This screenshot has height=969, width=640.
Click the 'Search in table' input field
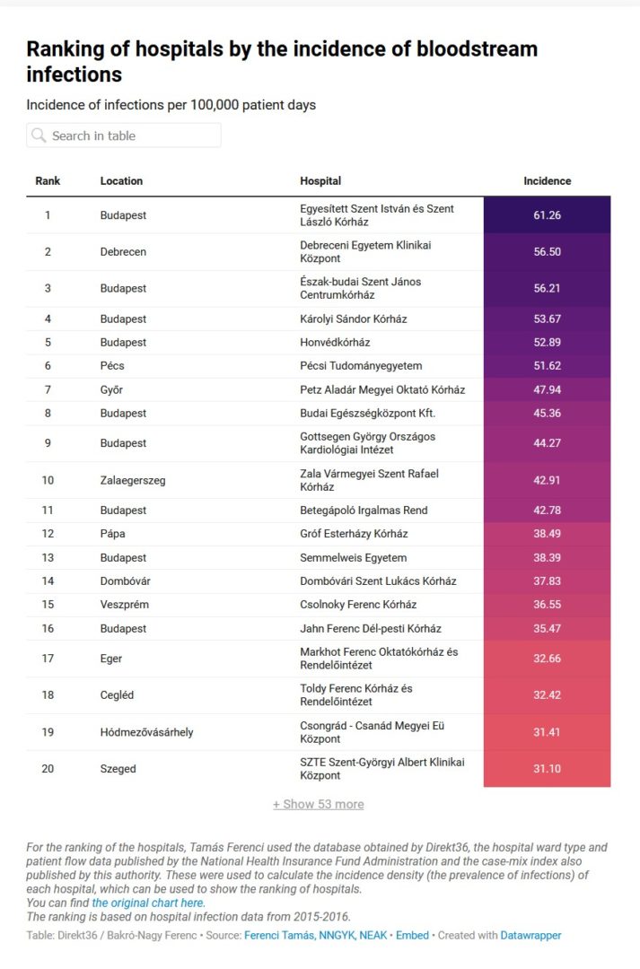pyautogui.click(x=124, y=135)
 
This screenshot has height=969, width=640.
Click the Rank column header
pyautogui.click(x=48, y=181)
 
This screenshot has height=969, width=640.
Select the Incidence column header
pyautogui.click(x=547, y=181)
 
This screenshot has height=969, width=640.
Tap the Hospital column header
pyautogui.click(x=320, y=181)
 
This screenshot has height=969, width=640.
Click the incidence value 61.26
pyautogui.click(x=547, y=215)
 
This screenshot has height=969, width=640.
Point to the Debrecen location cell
pyautogui.click(x=123, y=252)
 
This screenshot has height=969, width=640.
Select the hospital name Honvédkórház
pyautogui.click(x=335, y=343)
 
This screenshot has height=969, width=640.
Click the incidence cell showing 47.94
pyautogui.click(x=547, y=390)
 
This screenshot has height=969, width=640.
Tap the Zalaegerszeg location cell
pyautogui.click(x=133, y=480)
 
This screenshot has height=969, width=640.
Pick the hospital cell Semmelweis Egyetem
pyautogui.click(x=353, y=558)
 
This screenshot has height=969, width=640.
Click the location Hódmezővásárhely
pyautogui.click(x=146, y=732)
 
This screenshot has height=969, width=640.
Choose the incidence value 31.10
pyautogui.click(x=547, y=769)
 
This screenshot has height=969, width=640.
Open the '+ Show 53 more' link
pyautogui.click(x=319, y=805)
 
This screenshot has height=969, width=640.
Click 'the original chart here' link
pyautogui.click(x=147, y=903)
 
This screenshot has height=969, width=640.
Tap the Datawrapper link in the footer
pyautogui.click(x=530, y=935)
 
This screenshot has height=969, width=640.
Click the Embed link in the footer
pyautogui.click(x=413, y=935)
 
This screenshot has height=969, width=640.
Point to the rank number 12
pyautogui.click(x=48, y=534)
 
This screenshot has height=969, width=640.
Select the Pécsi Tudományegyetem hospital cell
pyautogui.click(x=361, y=366)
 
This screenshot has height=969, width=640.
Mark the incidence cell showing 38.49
pyautogui.click(x=547, y=534)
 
